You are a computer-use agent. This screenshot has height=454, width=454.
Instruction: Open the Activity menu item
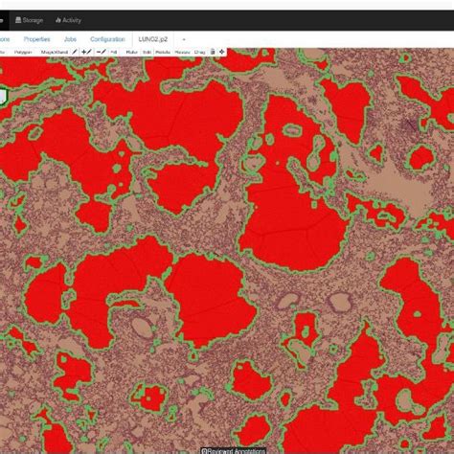71,19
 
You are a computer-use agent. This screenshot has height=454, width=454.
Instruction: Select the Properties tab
37,39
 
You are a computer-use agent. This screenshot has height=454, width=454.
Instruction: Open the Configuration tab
107,39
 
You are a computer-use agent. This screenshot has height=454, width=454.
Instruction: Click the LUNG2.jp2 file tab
151,39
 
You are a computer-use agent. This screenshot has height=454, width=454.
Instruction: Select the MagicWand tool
54,51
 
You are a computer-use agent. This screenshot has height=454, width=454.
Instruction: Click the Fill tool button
113,51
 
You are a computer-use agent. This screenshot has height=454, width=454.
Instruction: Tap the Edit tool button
146,51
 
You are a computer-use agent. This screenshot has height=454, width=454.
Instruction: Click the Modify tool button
162,51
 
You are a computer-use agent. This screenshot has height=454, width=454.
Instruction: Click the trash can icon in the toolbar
212,51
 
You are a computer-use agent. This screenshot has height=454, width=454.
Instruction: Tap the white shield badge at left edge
3,96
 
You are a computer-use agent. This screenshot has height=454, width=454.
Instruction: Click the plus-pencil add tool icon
85,51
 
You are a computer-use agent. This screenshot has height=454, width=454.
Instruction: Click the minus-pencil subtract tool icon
101,51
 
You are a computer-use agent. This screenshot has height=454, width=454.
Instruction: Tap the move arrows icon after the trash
222,51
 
